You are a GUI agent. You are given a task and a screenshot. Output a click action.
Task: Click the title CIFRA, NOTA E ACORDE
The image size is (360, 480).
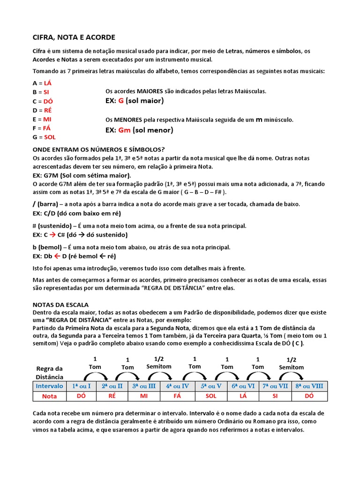tap(74, 37)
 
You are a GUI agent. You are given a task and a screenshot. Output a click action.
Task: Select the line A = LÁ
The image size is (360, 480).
tap(42, 83)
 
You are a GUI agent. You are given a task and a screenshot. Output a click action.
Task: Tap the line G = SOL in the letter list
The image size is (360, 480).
tap(44, 137)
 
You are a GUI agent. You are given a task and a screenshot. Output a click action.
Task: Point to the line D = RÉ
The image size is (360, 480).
tap(42, 110)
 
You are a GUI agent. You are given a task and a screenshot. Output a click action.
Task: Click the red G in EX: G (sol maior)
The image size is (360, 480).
tap(120, 101)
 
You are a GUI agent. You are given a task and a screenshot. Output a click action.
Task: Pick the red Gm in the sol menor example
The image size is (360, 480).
tap(124, 130)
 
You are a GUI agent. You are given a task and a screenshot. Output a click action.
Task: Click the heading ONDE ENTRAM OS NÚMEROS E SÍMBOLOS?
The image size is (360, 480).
tap(98, 150)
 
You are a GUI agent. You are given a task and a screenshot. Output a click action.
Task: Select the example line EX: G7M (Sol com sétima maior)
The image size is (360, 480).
tap(82, 175)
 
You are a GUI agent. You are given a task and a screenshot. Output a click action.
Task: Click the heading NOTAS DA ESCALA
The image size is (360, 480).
tap(60, 305)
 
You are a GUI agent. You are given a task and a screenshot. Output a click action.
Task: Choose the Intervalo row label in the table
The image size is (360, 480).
tap(49, 386)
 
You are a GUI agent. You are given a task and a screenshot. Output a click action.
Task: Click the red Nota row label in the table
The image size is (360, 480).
tap(49, 396)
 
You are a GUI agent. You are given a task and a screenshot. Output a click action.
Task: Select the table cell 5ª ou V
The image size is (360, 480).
tap(211, 386)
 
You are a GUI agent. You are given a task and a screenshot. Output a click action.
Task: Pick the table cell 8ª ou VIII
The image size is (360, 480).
tap(309, 386)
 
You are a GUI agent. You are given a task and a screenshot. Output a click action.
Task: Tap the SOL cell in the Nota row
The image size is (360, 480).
tap(211, 396)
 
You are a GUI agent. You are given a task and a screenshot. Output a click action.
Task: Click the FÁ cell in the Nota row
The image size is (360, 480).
tap(177, 396)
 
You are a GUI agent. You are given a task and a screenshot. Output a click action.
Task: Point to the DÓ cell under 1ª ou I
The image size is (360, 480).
tap(82, 396)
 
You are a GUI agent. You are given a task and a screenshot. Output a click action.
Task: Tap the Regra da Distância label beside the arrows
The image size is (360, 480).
tap(49, 373)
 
